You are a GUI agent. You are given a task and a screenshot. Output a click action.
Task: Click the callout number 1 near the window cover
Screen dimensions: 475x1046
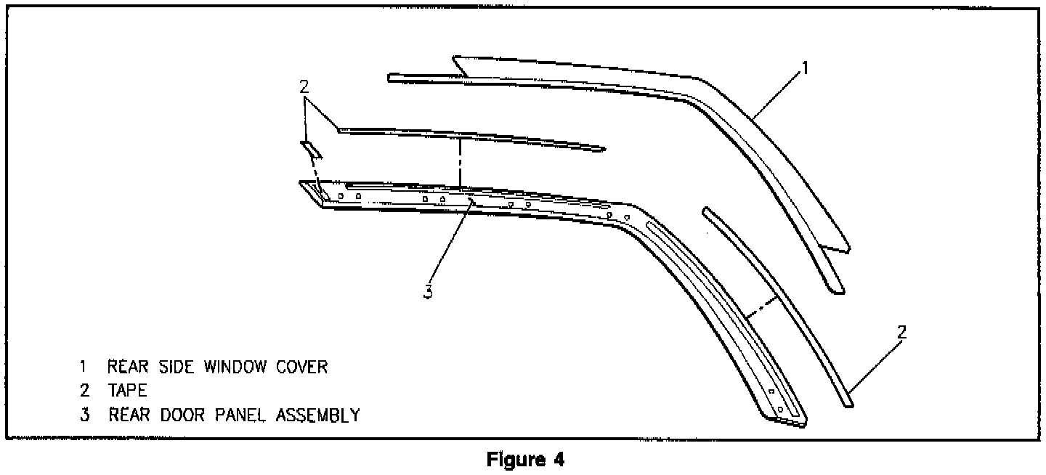pos(804,68)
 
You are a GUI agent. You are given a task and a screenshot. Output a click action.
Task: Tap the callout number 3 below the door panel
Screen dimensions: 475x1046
pos(429,291)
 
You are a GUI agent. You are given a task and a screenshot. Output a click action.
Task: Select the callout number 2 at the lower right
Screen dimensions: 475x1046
pos(901,333)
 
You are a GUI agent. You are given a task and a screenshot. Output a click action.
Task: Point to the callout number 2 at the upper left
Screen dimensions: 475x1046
pos(304,86)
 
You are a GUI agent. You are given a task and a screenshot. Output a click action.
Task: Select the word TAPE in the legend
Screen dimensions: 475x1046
pos(127,391)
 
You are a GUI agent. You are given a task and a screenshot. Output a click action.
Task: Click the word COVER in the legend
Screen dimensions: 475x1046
pos(299,367)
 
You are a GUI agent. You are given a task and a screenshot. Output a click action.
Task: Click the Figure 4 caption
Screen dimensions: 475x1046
pos(524,460)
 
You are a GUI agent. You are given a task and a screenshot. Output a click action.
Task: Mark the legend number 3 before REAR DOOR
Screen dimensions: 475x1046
pos(86,415)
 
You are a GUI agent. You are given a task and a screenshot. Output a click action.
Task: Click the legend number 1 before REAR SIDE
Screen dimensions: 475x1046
pos(85,367)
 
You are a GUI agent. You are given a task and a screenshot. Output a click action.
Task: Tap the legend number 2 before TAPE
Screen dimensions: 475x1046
pos(86,391)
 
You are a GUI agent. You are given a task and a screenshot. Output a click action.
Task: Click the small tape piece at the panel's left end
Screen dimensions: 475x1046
pos(312,150)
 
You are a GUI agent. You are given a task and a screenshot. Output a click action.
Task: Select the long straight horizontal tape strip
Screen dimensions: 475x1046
pos(472,139)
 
